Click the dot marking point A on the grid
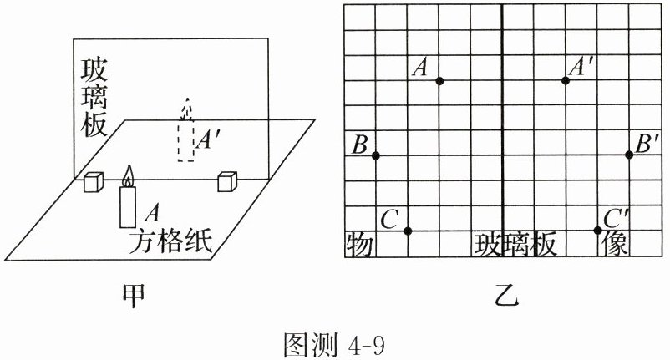pos(439,80)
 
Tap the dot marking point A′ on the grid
pos(566,80)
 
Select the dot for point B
pos(376,156)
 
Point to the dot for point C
pos(407,231)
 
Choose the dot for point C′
pos(597,230)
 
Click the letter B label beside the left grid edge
pos(360,145)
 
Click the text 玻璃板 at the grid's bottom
pos(515,245)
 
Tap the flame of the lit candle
pos(128,176)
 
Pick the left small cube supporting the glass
pos(93,181)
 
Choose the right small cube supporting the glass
pos(226,181)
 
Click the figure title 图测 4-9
pos(334,342)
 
